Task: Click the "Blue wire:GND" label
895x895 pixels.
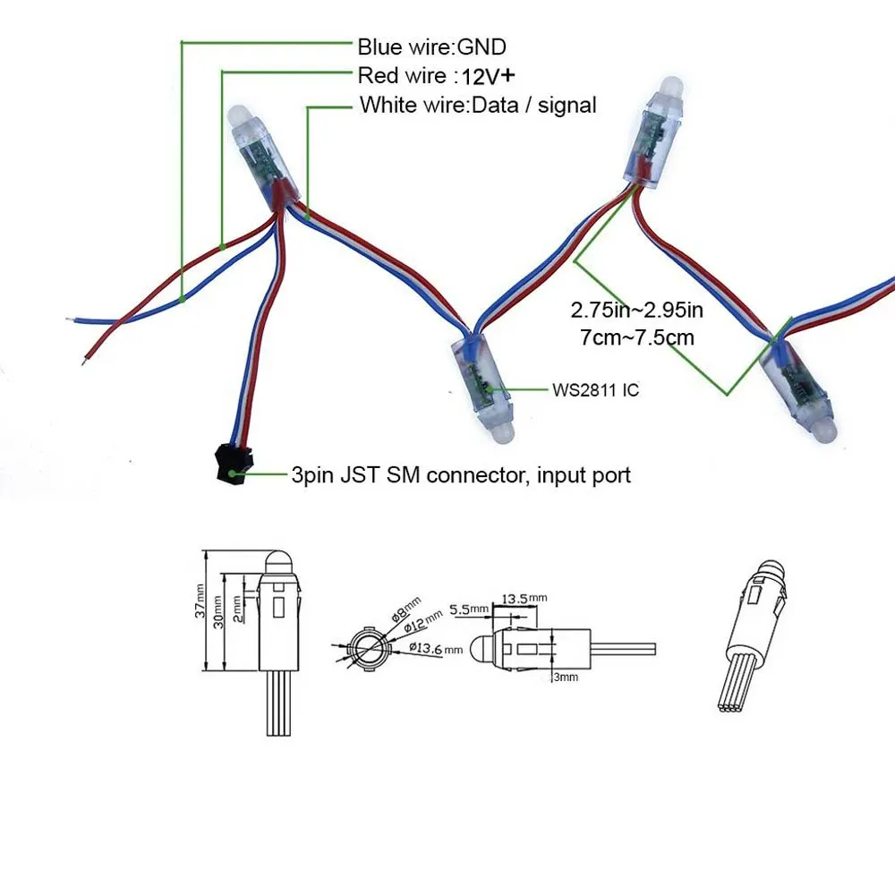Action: [x=431, y=47]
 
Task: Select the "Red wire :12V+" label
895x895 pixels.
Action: [x=436, y=75]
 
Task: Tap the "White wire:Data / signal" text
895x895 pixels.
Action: [x=478, y=105]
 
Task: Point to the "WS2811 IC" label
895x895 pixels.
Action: [x=595, y=390]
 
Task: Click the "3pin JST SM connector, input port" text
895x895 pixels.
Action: [x=461, y=475]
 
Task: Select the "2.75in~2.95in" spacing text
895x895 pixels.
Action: [x=636, y=310]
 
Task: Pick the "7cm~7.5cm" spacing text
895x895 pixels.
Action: [x=637, y=337]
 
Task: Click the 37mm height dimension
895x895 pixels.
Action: [x=200, y=601]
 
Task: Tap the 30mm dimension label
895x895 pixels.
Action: [x=218, y=612]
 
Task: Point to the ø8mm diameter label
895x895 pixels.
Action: [x=405, y=609]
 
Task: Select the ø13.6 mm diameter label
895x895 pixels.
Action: [x=436, y=648]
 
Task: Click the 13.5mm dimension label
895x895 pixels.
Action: [x=524, y=599]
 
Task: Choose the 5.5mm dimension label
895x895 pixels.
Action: [x=469, y=609]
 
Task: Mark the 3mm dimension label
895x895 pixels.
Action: [x=566, y=677]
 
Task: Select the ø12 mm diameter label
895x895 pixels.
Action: [x=423, y=621]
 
